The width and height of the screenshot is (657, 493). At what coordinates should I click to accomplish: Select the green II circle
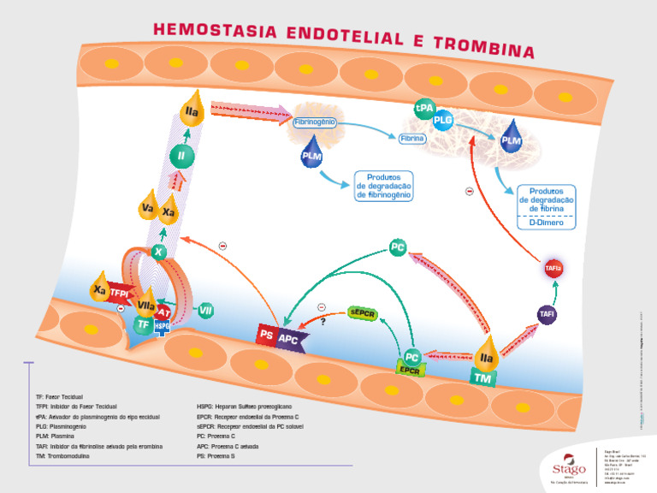tap(181, 156)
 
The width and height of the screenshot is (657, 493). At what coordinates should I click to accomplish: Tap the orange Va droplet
tap(148, 210)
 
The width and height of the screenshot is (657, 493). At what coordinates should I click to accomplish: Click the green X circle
tap(157, 252)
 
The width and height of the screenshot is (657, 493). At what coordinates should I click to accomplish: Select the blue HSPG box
tap(163, 325)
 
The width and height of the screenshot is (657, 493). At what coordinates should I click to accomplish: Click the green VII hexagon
tap(205, 311)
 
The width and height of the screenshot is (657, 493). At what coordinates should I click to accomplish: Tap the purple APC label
tap(288, 338)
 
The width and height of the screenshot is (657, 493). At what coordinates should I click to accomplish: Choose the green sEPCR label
tap(363, 313)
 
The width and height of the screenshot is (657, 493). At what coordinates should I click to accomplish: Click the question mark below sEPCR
tap(323, 322)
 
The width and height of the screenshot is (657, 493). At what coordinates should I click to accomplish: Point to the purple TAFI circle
tap(547, 315)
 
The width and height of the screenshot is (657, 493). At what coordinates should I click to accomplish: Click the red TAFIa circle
tap(553, 269)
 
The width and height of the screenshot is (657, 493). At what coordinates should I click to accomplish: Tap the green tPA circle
tap(424, 110)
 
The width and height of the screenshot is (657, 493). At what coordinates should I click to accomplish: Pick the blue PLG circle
tap(442, 121)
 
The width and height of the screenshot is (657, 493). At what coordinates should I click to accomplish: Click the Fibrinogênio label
tap(315, 122)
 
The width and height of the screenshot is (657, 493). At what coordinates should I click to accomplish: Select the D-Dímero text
tap(547, 222)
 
